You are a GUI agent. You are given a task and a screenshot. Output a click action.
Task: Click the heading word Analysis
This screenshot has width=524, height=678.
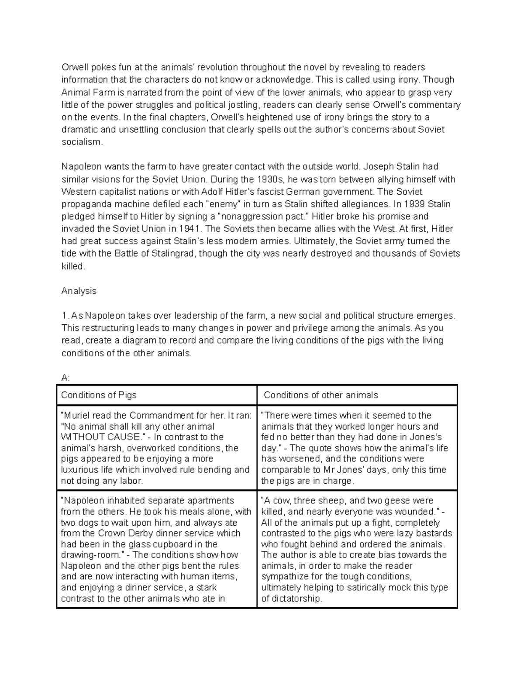(x=79, y=291)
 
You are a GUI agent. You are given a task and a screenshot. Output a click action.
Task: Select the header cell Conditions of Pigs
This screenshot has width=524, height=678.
(x=99, y=395)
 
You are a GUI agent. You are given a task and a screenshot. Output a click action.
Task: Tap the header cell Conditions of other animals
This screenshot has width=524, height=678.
(x=321, y=395)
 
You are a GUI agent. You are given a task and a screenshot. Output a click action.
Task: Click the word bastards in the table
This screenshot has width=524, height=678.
(x=432, y=533)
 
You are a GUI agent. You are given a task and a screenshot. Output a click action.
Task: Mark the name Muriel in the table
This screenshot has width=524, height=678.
(x=77, y=416)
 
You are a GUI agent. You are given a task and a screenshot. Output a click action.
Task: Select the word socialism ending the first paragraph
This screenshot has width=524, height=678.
(x=82, y=142)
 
